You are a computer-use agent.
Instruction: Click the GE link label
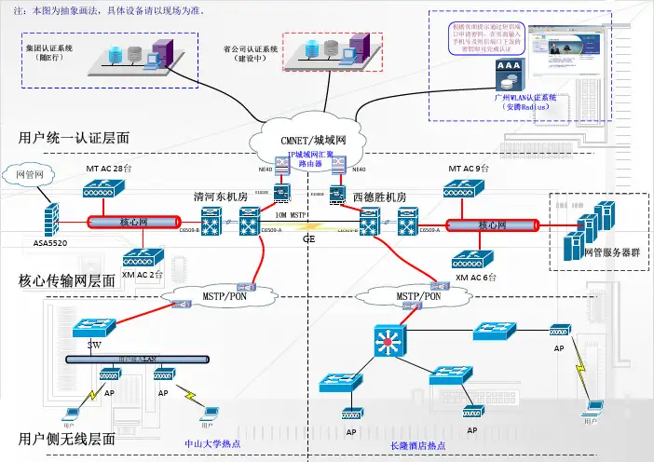pyautogui.click(x=309, y=239)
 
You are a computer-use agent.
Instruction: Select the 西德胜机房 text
pyautogui.click(x=379, y=197)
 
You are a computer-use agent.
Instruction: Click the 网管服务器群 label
pyautogui.click(x=609, y=252)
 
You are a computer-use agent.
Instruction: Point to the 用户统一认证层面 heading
pyautogui.click(x=74, y=138)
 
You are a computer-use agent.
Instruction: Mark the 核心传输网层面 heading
pyautogui.click(x=67, y=280)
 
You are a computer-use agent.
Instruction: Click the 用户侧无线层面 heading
pyautogui.click(x=67, y=439)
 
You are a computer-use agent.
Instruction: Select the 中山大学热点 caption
pyautogui.click(x=212, y=443)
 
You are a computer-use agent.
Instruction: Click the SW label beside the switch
pyautogui.click(x=94, y=345)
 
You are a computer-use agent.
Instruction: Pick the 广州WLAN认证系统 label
pyautogui.click(x=526, y=97)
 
